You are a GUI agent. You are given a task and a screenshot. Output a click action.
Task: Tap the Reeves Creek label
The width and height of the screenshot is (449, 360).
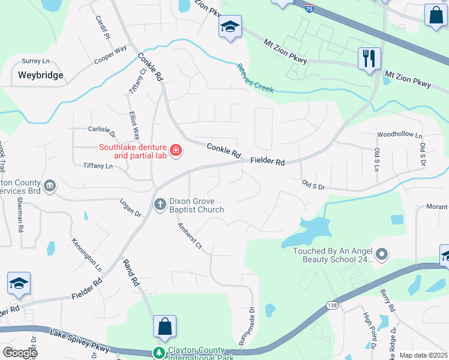tap(255, 79)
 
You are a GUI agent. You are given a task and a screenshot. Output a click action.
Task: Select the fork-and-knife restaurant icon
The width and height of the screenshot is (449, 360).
tap(369, 59)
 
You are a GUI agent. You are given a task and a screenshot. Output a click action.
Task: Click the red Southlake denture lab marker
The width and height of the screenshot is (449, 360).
tap(176, 150)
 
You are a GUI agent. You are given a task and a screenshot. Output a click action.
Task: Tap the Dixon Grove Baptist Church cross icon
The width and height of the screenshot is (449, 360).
tap(160, 204)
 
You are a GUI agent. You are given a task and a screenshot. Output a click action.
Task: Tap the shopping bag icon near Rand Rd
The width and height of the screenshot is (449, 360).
tap(164, 327)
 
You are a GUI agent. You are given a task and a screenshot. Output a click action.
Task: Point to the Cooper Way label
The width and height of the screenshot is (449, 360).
tap(110, 55)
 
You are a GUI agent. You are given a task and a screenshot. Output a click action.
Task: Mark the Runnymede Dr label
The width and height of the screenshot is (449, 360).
tap(246, 327)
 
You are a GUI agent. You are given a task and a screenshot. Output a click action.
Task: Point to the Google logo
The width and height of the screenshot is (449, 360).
tap(20, 353)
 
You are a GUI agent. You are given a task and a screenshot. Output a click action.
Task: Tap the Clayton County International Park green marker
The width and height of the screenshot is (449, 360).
tap(159, 353)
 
